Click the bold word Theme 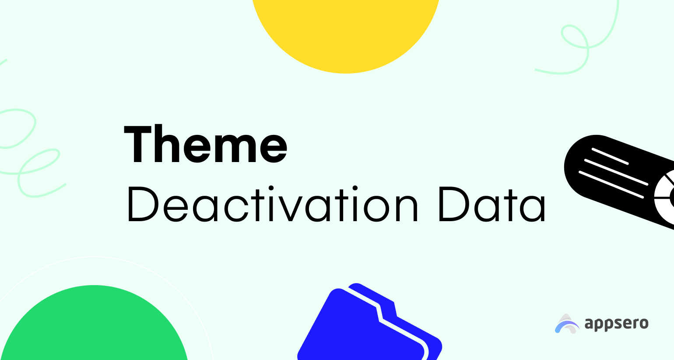coord(206,144)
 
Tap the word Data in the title coord(492,204)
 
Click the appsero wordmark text coord(616,324)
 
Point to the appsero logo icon coord(567,324)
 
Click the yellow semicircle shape coord(346,33)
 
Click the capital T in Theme coord(137,144)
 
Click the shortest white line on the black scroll coord(610,156)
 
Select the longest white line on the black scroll coord(611,184)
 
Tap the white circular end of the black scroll coord(666,197)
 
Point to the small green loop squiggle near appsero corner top coord(575,36)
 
